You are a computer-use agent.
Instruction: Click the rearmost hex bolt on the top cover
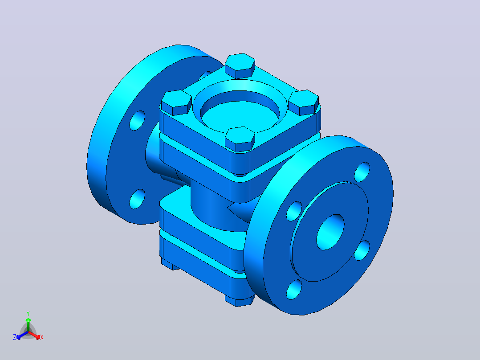coord(240,65)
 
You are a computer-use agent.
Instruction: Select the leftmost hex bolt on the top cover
coord(176,102)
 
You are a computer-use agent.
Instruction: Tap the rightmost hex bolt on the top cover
coord(304,102)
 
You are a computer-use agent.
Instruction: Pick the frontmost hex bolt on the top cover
coord(240,139)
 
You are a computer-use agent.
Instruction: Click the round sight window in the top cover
coord(240,111)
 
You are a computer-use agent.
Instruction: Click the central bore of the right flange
coord(330,232)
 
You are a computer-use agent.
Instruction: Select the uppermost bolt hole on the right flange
coord(362,172)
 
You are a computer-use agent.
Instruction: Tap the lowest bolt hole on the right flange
coord(294,290)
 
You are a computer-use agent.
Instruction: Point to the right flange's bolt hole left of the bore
coord(294,211)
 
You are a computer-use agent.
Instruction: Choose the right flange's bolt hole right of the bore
coord(362,250)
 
